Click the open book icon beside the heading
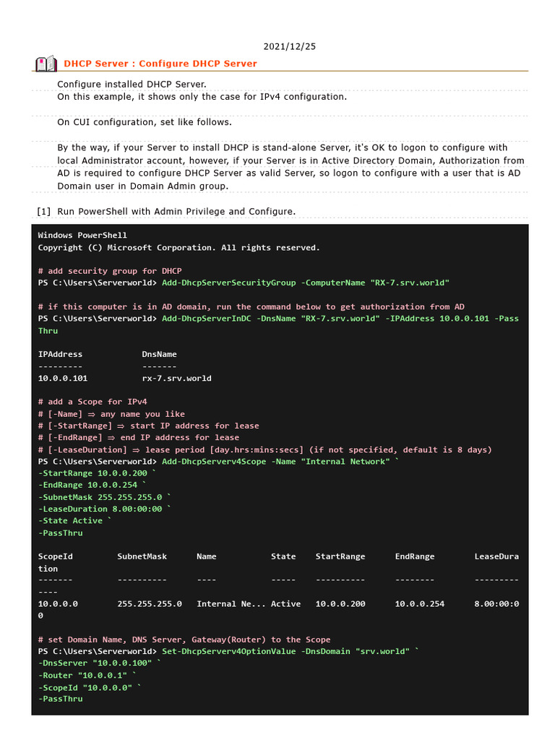tap(46, 64)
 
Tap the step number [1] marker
tap(43, 211)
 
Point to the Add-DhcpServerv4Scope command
tap(213, 461)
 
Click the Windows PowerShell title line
tap(82, 235)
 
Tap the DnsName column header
tap(159, 354)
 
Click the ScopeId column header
tap(55, 556)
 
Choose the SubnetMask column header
tap(142, 556)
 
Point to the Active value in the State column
tap(285, 603)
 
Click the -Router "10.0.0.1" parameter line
tap(87, 675)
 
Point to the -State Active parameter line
tap(74, 520)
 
